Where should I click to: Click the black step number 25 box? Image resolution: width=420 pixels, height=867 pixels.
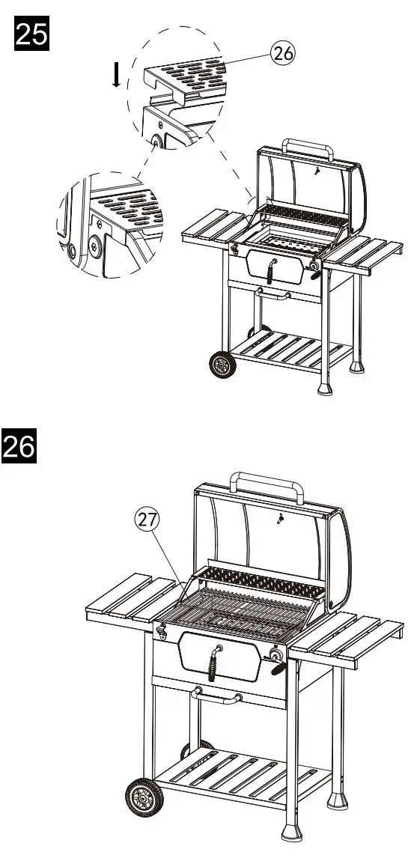pyautogui.click(x=31, y=34)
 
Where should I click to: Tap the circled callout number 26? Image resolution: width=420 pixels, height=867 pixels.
pyautogui.click(x=282, y=53)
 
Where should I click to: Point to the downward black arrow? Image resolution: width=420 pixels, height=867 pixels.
pyautogui.click(x=116, y=75)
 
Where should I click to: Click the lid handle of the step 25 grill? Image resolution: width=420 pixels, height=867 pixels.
pyautogui.click(x=308, y=146)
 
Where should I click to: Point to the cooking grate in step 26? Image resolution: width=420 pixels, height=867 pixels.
pyautogui.click(x=240, y=610)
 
